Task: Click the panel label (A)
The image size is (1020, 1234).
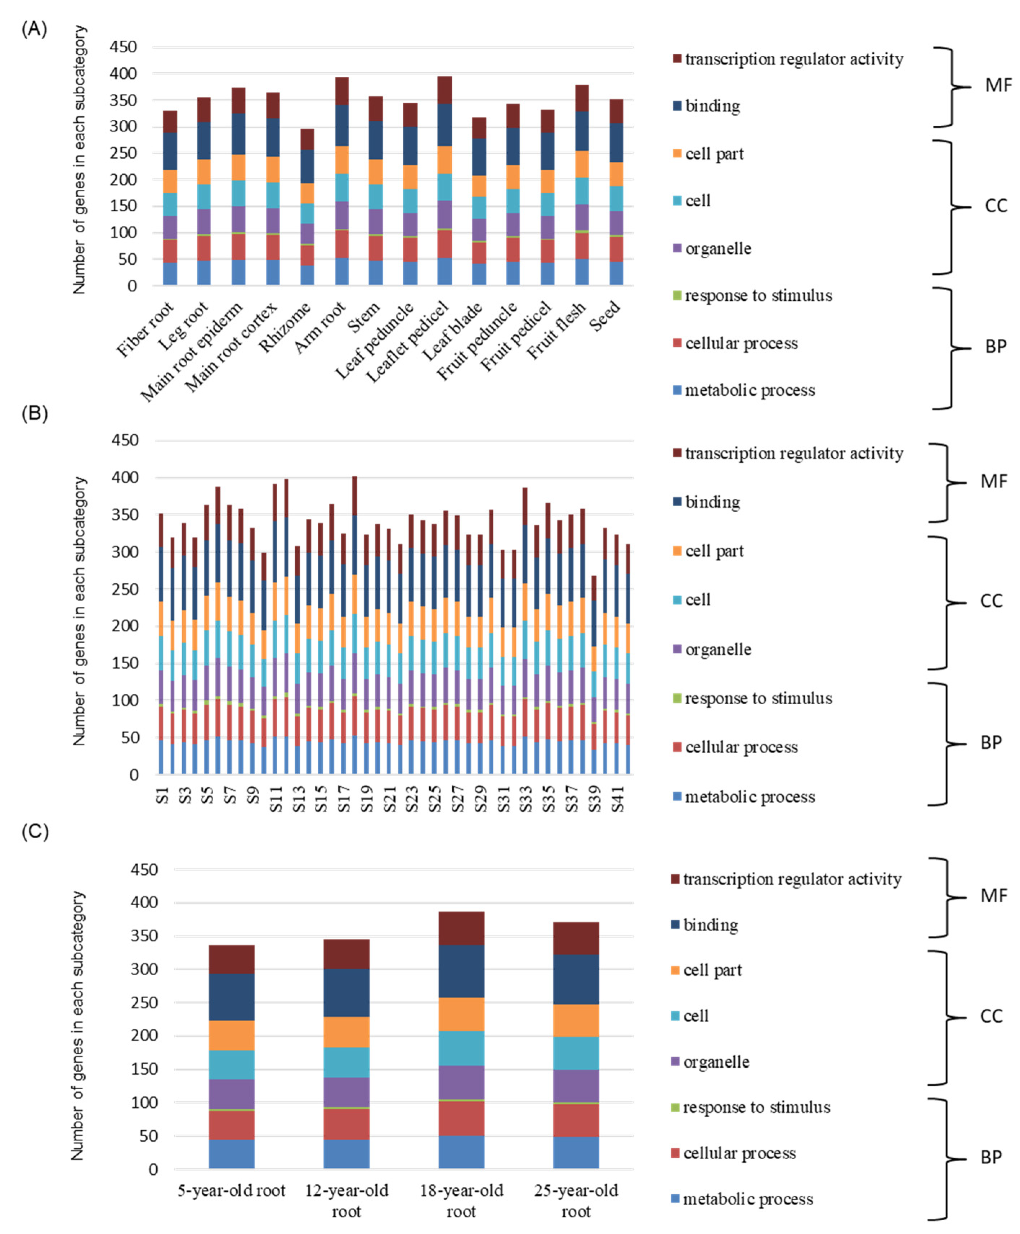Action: [34, 29]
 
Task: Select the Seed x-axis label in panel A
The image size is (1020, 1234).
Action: [605, 316]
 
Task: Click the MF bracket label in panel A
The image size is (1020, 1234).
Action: [998, 86]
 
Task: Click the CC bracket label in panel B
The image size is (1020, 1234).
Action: [990, 601]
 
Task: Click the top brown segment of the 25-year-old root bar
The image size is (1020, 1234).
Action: [576, 938]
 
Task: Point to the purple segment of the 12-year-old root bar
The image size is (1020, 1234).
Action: [346, 1092]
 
